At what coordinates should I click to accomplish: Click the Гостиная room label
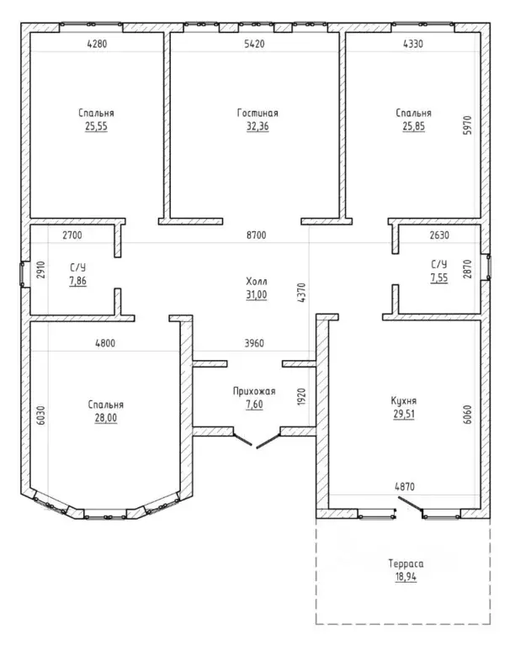click(x=257, y=113)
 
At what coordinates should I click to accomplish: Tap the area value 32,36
click(x=257, y=126)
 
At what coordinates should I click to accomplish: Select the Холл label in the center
click(x=257, y=282)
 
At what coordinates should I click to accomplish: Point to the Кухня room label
click(x=403, y=400)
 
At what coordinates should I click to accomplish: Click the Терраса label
click(x=406, y=563)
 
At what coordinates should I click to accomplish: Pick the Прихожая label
click(x=254, y=391)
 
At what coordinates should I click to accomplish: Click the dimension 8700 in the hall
click(x=256, y=235)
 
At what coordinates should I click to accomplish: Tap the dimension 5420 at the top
click(x=254, y=44)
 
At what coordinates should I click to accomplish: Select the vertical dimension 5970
click(x=467, y=125)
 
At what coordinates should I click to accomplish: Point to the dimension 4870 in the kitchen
click(x=405, y=487)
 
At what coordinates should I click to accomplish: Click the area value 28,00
click(x=106, y=417)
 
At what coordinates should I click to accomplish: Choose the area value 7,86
click(x=77, y=281)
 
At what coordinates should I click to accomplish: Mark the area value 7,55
click(x=439, y=278)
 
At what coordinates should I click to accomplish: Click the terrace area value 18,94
click(x=406, y=576)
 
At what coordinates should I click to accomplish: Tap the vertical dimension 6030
click(x=41, y=415)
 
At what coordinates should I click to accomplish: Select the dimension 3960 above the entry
click(x=254, y=343)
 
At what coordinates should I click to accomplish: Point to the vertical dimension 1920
click(x=301, y=397)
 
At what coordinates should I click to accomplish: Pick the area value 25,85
click(x=414, y=126)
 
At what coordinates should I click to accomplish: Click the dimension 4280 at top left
click(x=97, y=44)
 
